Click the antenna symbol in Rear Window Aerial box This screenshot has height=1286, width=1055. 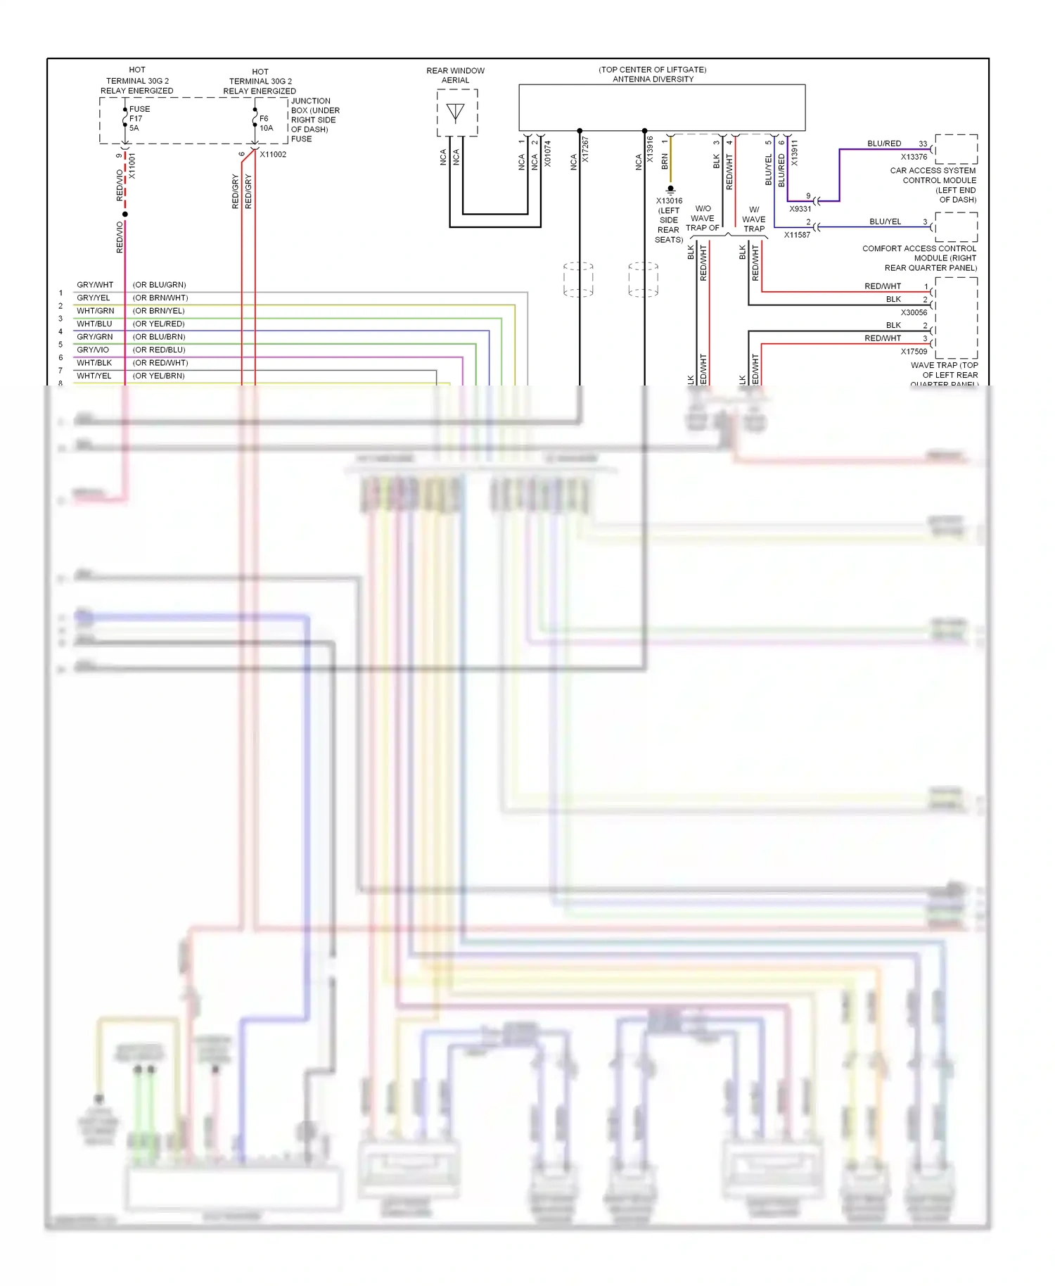pos(456,113)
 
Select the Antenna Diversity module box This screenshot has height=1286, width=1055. pos(661,108)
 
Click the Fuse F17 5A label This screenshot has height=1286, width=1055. pos(139,118)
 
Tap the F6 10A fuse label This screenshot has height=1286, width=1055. pos(266,123)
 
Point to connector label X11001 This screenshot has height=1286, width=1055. pos(132,167)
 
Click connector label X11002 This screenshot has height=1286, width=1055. pos(273,155)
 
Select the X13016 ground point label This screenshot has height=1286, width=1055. pos(669,201)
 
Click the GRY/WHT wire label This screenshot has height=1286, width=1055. pos(95,285)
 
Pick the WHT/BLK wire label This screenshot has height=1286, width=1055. pos(94,363)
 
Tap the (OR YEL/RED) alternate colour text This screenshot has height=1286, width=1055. pos(158,324)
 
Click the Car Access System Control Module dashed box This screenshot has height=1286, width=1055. pos(956,149)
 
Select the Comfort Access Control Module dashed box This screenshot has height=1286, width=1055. pos(956,227)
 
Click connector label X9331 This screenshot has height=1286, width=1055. pos(800,209)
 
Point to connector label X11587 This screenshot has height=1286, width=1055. pos(797,235)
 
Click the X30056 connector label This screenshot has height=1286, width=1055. pos(914,313)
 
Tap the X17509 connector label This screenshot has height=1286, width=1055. pos(914,352)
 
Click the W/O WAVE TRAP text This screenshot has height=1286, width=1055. pos(702,218)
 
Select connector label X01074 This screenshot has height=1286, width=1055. pos(547,153)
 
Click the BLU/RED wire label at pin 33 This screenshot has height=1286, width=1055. pos(883,144)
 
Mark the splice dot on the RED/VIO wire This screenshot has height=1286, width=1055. pos(125,214)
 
